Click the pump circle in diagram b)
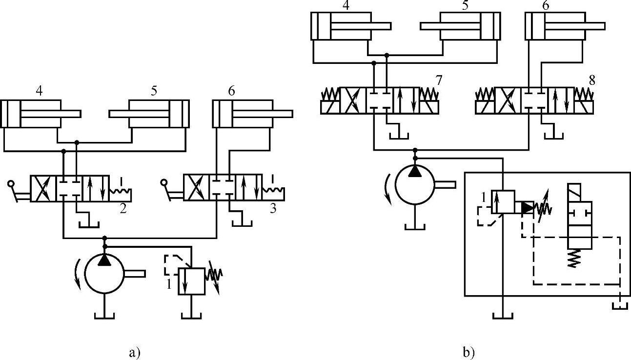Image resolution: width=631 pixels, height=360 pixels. click(x=415, y=184)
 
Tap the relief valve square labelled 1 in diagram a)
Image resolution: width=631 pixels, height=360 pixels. click(x=191, y=280)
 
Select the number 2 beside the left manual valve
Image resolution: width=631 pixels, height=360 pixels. click(x=123, y=209)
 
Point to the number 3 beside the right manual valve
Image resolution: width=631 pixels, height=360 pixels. click(x=274, y=209)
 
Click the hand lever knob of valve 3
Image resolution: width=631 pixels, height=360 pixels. click(x=163, y=183)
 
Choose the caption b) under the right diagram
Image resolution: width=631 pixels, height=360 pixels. click(x=468, y=351)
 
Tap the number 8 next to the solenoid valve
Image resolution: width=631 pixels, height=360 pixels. click(x=591, y=79)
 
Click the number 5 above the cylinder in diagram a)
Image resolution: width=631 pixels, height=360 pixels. click(x=153, y=91)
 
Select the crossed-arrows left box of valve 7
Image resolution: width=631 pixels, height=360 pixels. click(x=353, y=100)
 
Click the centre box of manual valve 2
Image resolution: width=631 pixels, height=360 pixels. click(x=69, y=188)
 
